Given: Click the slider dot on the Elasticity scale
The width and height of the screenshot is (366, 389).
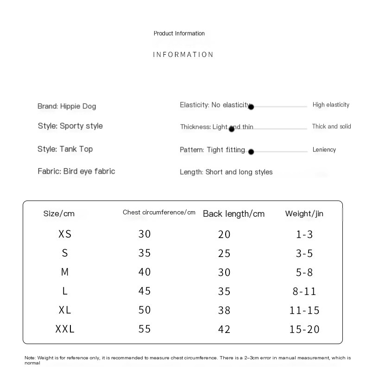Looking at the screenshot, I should (251, 107).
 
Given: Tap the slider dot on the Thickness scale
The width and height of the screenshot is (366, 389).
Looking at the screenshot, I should (232, 129).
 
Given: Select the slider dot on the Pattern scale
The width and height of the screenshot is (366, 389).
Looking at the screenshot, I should (251, 151).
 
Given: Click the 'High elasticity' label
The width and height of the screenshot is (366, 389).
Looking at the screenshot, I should (331, 105).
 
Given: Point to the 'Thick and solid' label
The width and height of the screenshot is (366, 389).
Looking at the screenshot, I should (331, 126).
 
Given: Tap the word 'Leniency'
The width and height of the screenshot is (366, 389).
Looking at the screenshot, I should (324, 150).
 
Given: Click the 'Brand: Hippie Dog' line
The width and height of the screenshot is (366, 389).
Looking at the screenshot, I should (67, 106).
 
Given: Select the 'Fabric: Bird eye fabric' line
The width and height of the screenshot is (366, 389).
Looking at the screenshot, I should (76, 171).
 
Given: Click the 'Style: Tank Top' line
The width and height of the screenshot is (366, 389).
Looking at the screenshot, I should (65, 149).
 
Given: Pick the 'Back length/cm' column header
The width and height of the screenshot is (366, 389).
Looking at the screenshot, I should (233, 213).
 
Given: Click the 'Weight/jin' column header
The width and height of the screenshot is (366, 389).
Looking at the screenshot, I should (304, 213).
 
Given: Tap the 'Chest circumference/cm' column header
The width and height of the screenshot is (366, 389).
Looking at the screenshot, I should (159, 213).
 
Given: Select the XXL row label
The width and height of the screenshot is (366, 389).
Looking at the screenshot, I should (65, 329).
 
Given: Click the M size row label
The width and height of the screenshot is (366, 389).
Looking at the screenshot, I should (65, 272).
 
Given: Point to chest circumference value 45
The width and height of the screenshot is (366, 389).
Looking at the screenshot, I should (145, 291).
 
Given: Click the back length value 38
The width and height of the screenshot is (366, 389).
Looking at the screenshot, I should (224, 310).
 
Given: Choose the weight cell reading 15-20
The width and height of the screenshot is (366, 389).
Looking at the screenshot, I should (304, 329).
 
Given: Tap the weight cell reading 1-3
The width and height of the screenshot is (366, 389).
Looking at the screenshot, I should (304, 234).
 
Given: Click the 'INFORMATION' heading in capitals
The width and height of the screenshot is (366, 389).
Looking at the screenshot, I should (183, 55).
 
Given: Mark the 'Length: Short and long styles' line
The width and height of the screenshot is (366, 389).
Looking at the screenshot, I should (226, 172).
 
